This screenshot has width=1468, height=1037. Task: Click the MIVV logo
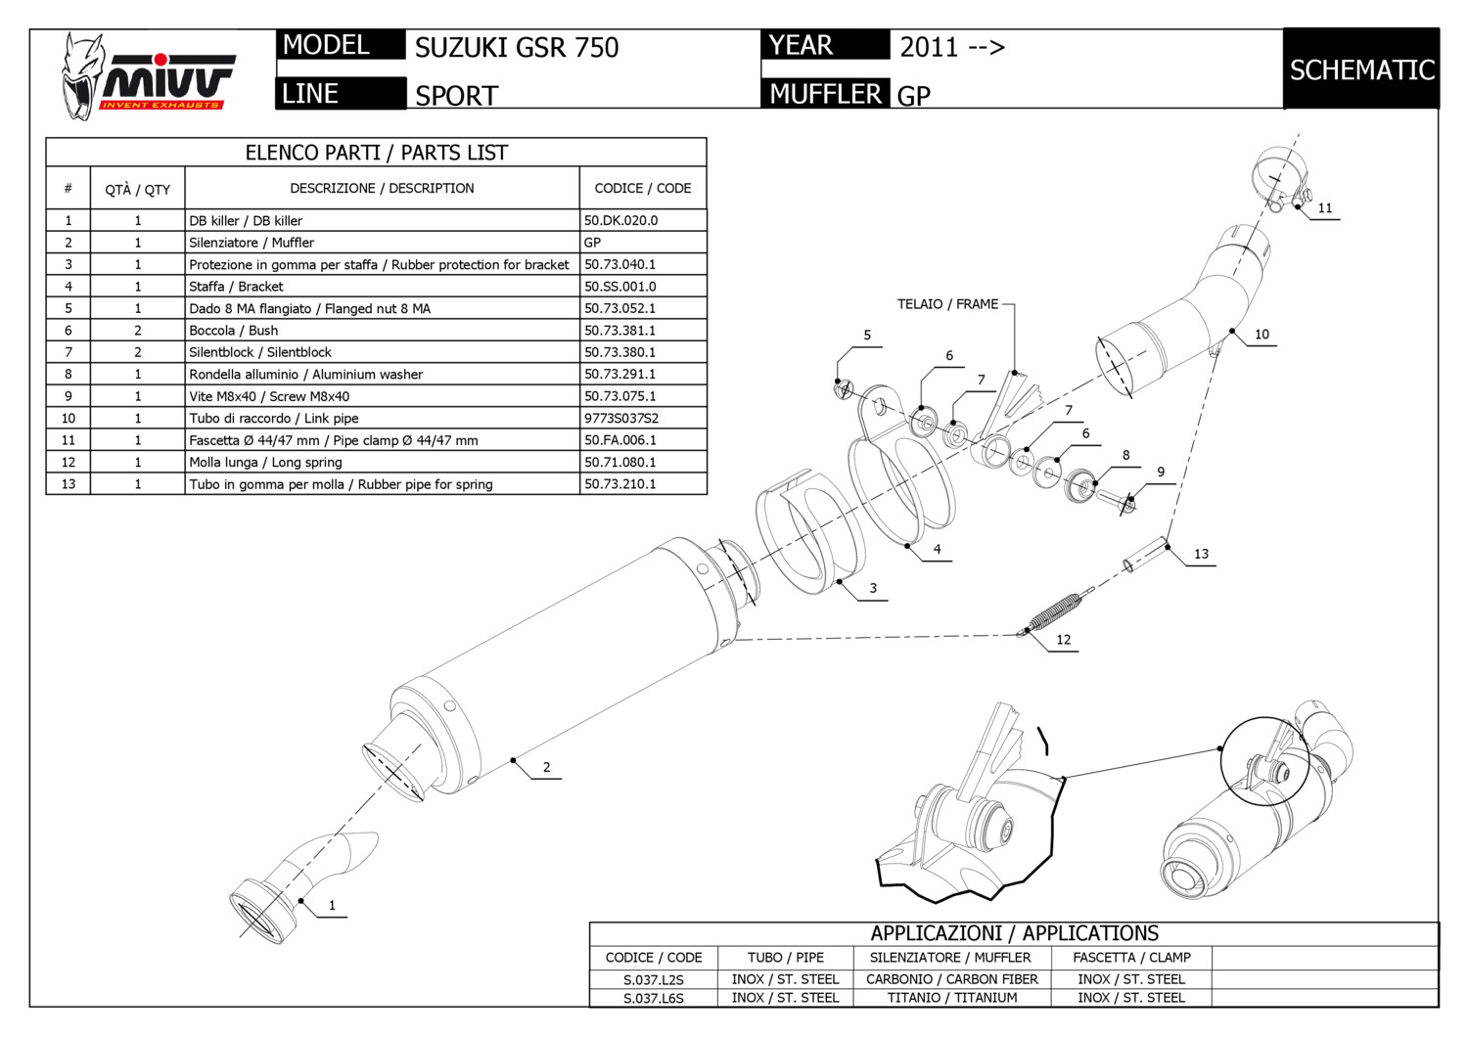[147, 76]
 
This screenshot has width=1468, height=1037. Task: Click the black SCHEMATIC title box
[1361, 69]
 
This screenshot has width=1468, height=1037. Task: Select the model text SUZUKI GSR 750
[517, 47]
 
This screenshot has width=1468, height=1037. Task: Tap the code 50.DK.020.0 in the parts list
[620, 221]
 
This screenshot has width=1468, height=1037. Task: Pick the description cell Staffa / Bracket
[236, 287]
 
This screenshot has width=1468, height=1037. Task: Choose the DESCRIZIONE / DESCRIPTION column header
[382, 188]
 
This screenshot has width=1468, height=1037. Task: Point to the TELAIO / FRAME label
[947, 304]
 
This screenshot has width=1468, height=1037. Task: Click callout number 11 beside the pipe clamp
[1324, 207]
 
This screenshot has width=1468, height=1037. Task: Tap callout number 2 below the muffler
[546, 767]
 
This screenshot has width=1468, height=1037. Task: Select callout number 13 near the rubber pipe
[1201, 554]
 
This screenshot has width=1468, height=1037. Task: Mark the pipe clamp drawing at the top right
[1277, 179]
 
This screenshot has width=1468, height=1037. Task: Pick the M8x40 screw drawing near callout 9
[1116, 499]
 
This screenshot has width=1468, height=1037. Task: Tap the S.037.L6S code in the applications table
[653, 998]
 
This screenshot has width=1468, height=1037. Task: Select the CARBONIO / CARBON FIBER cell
[951, 979]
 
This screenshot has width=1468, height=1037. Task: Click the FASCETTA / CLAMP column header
[1131, 958]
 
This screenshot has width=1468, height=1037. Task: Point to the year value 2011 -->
[951, 47]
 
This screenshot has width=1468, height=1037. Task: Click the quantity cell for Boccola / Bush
[138, 331]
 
